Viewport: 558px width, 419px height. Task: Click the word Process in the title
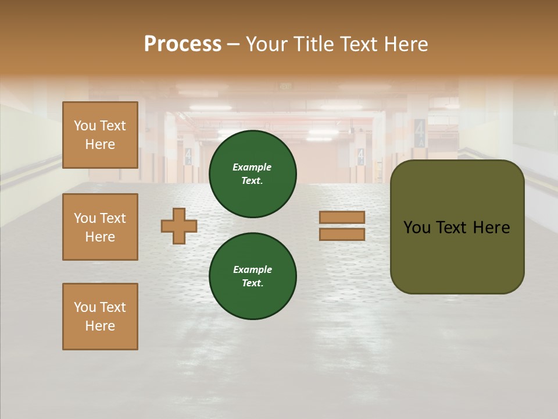coord(183,44)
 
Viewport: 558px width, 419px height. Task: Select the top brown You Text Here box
coord(100,135)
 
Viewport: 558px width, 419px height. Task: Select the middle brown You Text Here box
coord(100,227)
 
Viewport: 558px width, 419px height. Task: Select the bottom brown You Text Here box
coord(100,317)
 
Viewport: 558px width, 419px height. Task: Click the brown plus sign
coord(179,226)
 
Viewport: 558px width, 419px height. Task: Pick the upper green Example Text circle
coord(253,174)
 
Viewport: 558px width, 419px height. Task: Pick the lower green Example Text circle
coord(253,276)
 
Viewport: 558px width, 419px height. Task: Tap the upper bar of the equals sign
coord(342,217)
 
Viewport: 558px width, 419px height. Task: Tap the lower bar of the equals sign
coord(342,235)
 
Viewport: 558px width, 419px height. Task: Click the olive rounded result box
coord(457,256)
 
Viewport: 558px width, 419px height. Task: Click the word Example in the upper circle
coord(252,167)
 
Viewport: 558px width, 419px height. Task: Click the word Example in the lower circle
coord(252,269)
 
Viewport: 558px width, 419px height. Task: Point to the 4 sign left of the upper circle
coord(188,155)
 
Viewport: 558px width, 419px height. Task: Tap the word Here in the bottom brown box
coord(100,326)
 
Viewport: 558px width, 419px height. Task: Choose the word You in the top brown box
coord(84,126)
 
